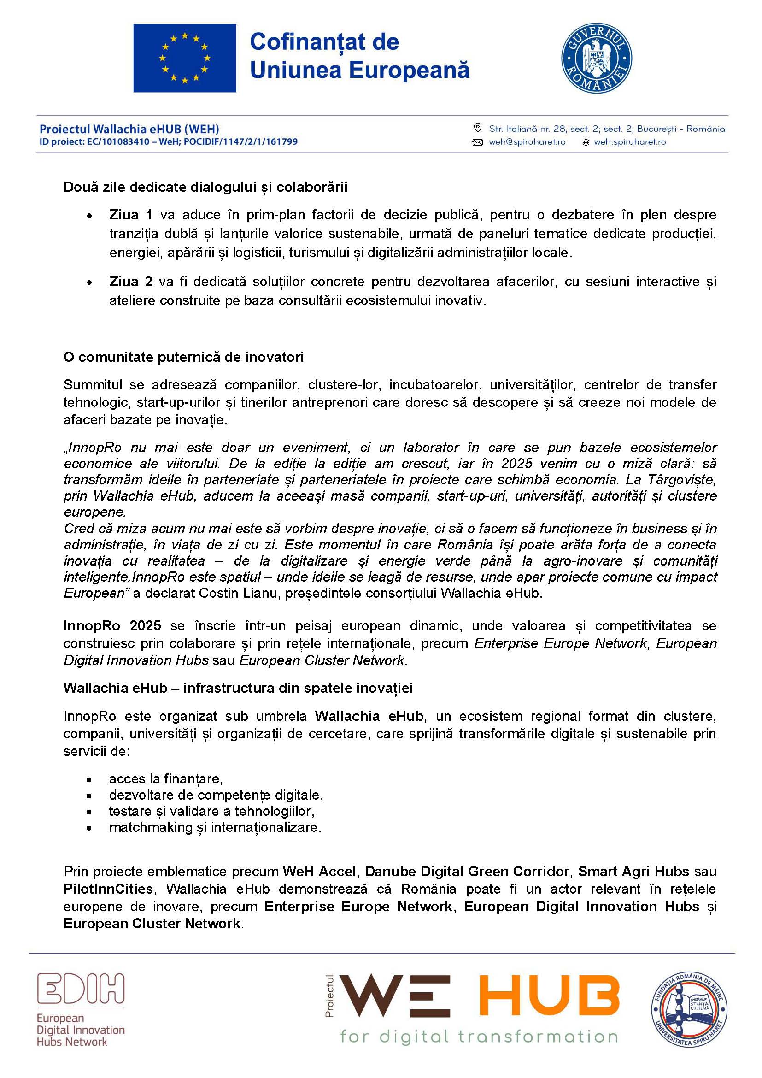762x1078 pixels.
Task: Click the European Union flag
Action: pos(184,58)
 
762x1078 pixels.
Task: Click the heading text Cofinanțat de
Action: pos(324,42)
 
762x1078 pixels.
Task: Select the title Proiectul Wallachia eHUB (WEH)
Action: pos(129,129)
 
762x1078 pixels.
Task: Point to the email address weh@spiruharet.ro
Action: pos(527,142)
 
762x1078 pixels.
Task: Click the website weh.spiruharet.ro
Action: pos(630,142)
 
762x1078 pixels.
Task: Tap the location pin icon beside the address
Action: pos(478,128)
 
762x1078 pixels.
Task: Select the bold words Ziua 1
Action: pos(131,215)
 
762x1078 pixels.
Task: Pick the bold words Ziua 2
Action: pos(131,282)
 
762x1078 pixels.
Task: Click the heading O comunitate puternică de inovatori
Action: pos(183,357)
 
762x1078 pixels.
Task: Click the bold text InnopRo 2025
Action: pos(112,626)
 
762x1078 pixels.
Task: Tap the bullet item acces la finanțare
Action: pos(166,779)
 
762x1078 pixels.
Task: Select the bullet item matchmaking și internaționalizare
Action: pos(215,827)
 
